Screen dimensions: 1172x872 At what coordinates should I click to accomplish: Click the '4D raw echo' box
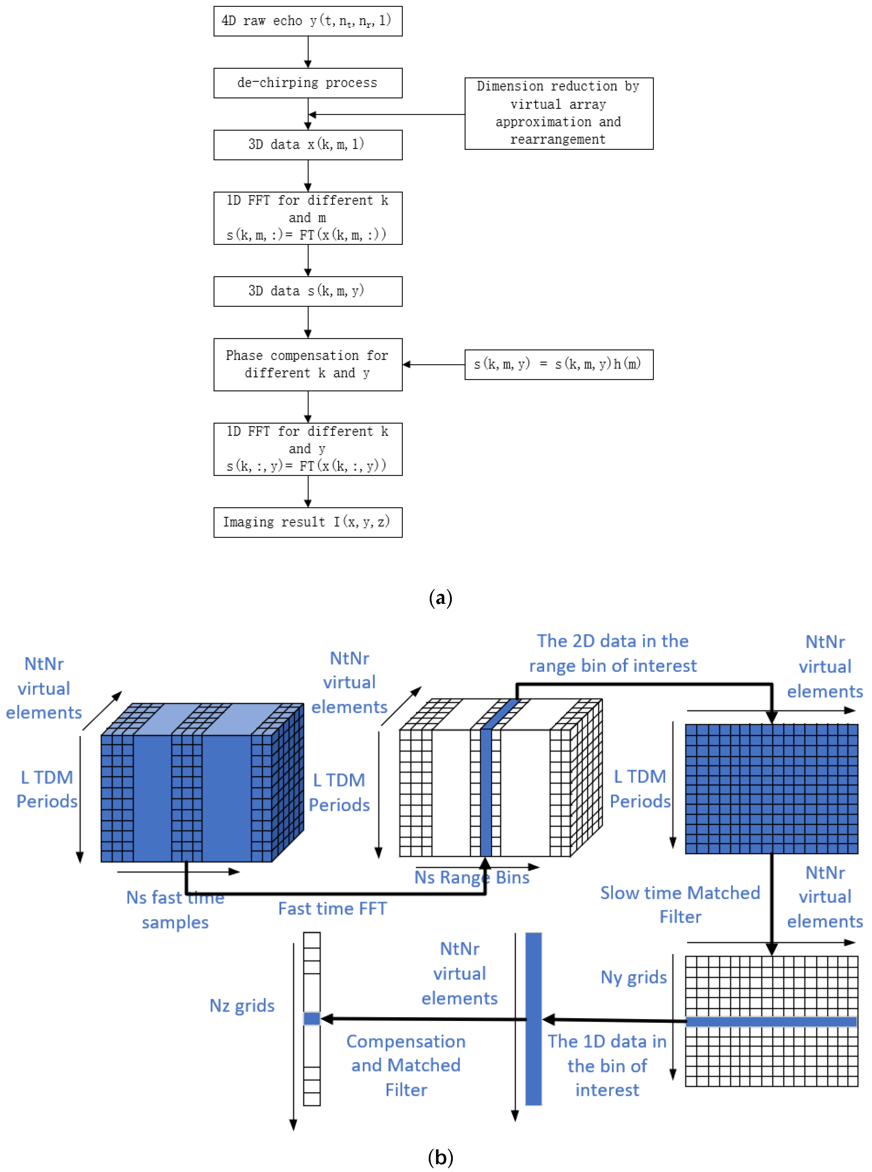click(308, 21)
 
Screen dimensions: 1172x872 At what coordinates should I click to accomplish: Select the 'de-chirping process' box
click(308, 83)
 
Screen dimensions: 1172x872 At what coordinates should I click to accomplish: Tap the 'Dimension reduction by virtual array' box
click(558, 114)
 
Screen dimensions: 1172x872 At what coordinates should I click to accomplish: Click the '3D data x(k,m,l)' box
click(308, 145)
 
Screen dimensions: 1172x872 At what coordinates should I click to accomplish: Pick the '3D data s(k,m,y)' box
click(308, 291)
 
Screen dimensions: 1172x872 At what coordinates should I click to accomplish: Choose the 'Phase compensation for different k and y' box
click(308, 364)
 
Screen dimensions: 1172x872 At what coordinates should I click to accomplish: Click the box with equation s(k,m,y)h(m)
click(558, 364)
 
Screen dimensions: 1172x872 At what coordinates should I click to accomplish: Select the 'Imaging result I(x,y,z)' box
click(308, 522)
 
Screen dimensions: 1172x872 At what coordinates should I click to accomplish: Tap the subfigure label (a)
click(440, 598)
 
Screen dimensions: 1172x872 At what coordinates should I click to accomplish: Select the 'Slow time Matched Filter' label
click(680, 904)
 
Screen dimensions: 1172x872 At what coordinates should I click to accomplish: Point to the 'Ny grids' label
click(634, 977)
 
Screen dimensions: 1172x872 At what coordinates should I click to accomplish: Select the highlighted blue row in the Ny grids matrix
click(771, 1022)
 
